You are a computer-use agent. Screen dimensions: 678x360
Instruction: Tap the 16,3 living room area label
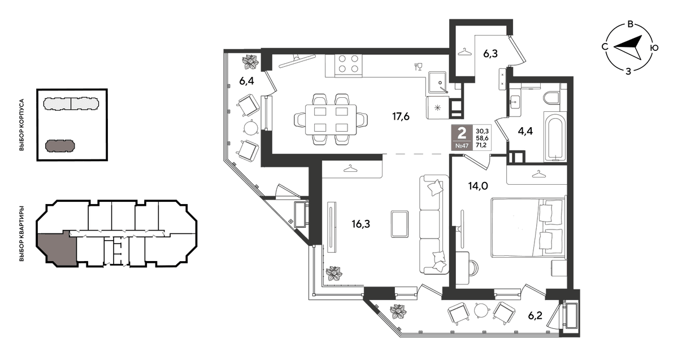(361, 224)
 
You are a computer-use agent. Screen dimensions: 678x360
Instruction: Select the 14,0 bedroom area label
(478, 185)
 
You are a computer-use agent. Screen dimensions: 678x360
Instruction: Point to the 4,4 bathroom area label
(525, 131)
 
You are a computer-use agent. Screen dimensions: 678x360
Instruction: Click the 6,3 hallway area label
(490, 54)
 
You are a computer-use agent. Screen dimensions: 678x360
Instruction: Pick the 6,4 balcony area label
(246, 81)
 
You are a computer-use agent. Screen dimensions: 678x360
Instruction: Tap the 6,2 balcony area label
(535, 316)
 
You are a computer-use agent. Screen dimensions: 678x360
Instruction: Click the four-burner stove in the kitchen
(348, 64)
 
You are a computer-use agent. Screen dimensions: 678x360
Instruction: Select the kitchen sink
(437, 82)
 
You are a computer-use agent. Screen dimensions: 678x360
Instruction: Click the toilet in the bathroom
(551, 98)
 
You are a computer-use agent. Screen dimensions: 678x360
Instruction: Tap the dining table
(331, 120)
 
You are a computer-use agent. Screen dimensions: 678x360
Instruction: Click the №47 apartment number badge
(462, 146)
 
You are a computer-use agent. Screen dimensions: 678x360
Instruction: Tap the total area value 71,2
(481, 145)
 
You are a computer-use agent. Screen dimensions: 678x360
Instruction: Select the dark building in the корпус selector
(60, 146)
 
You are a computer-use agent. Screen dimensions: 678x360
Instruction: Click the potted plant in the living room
(334, 274)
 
